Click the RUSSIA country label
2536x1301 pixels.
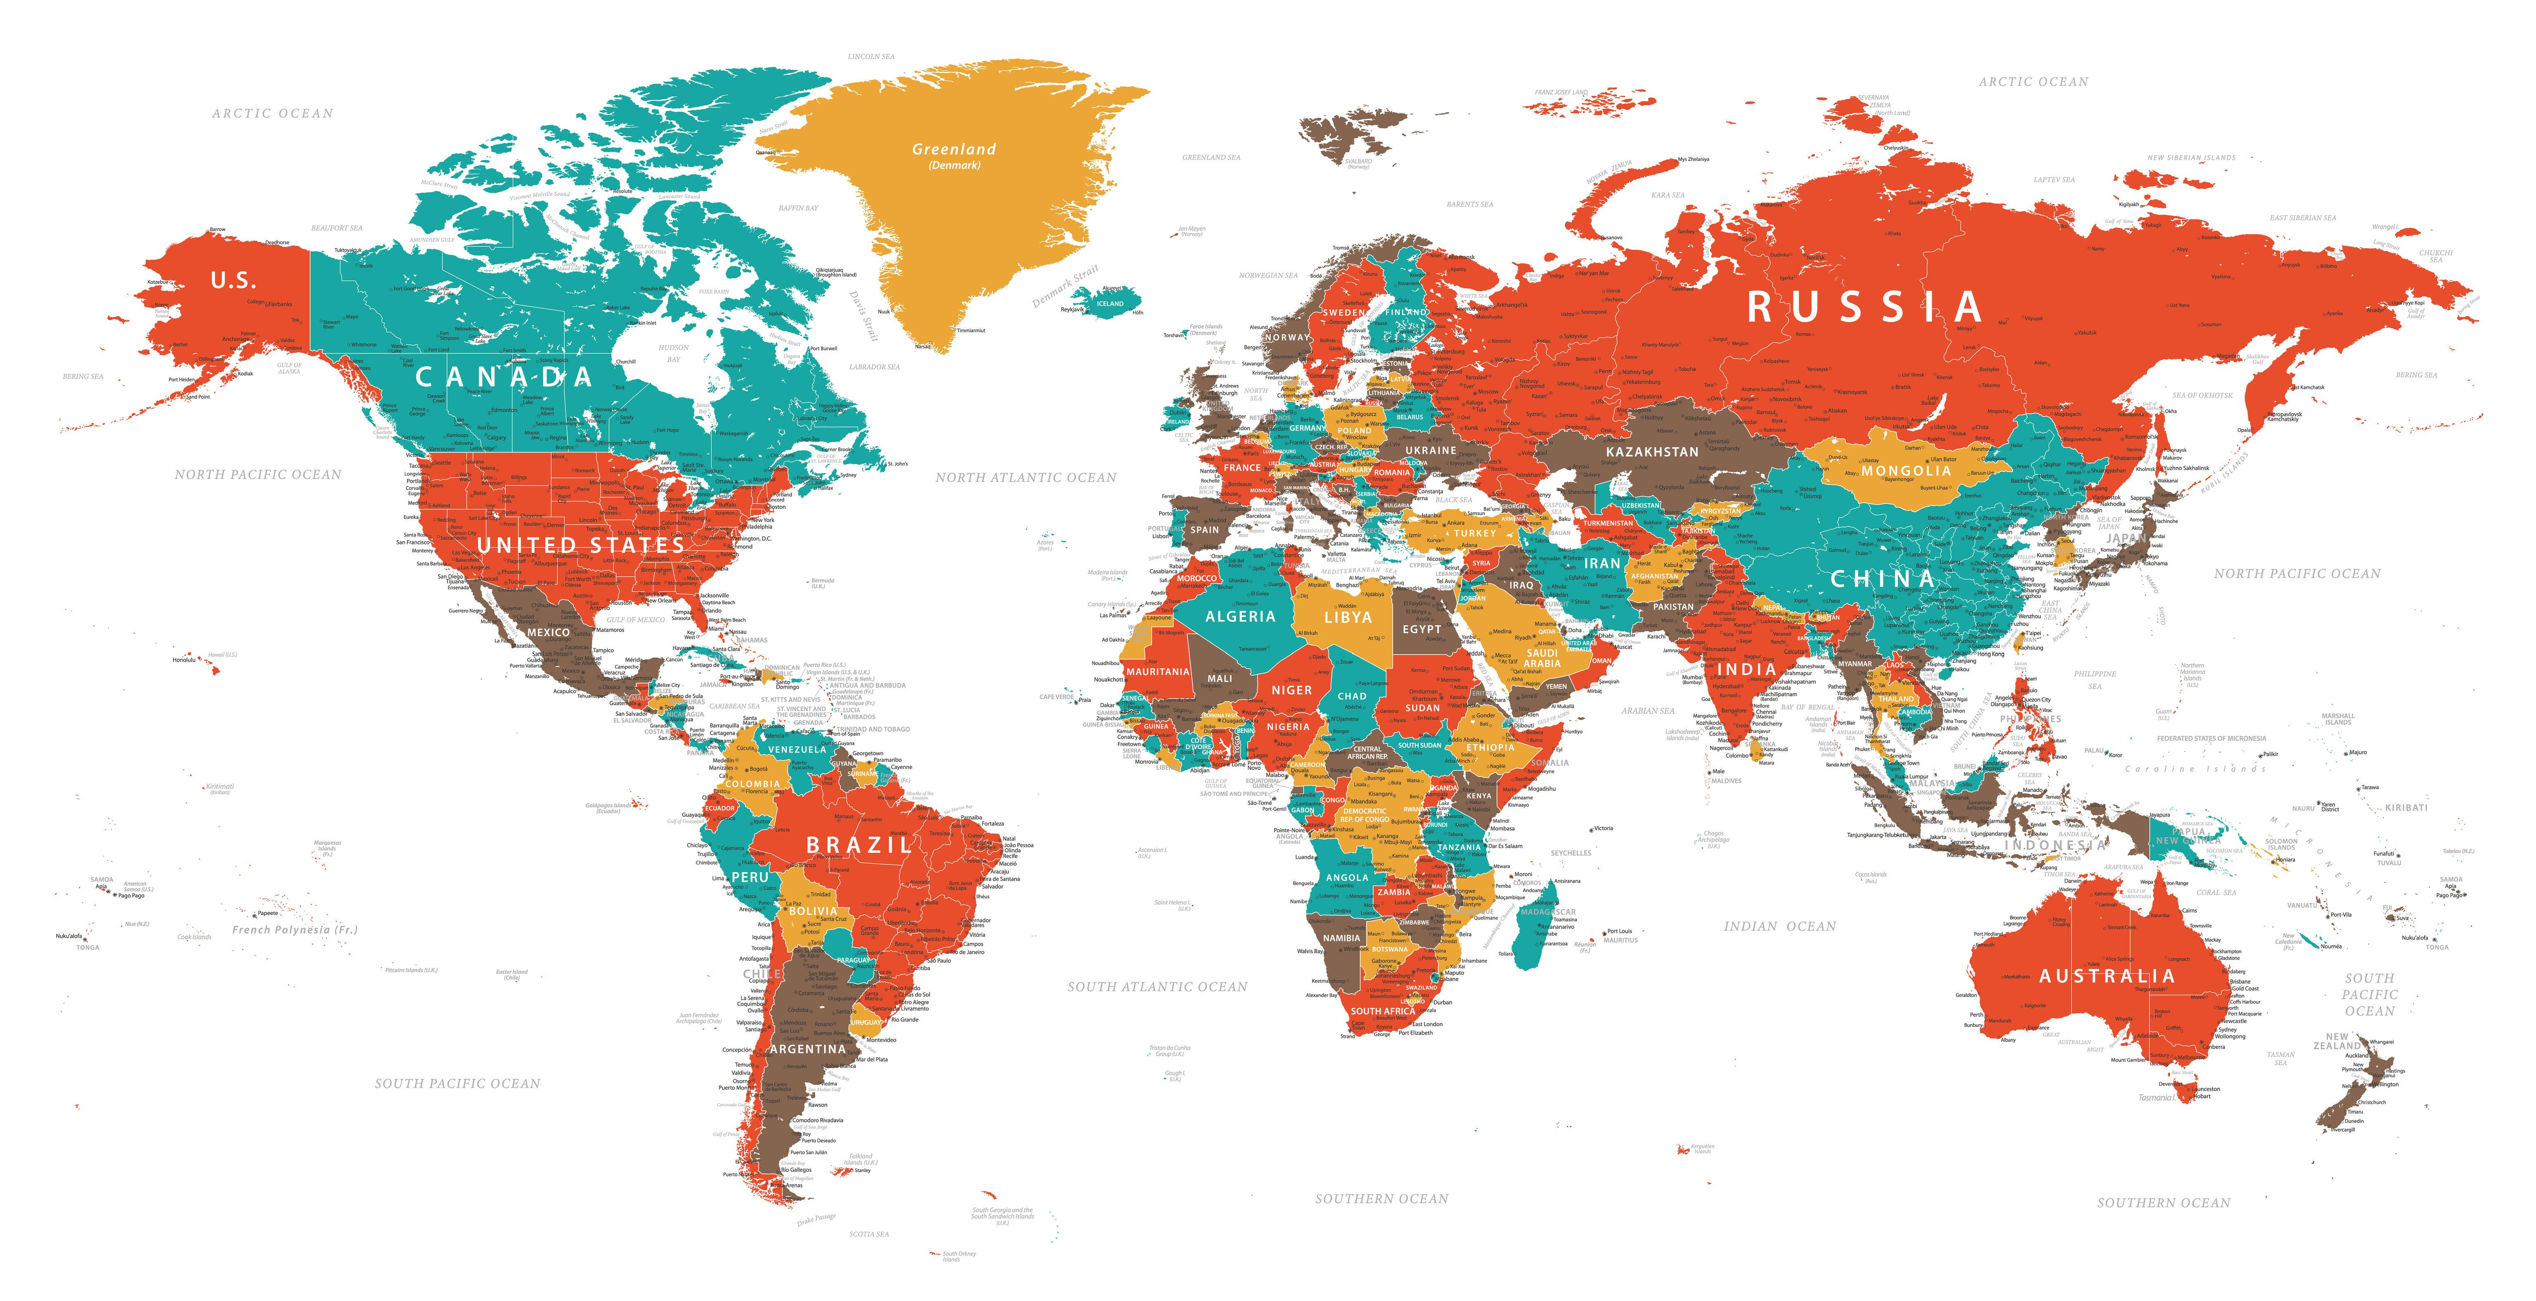click(1864, 307)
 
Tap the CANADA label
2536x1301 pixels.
click(504, 377)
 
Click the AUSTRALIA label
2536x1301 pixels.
click(2106, 975)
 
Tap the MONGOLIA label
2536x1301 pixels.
click(1906, 471)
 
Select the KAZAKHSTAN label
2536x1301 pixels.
click(1652, 452)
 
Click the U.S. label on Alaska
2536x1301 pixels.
click(233, 281)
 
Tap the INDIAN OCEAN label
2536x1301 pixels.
click(1780, 926)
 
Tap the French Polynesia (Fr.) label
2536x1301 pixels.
click(294, 929)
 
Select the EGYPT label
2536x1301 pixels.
click(1422, 629)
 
